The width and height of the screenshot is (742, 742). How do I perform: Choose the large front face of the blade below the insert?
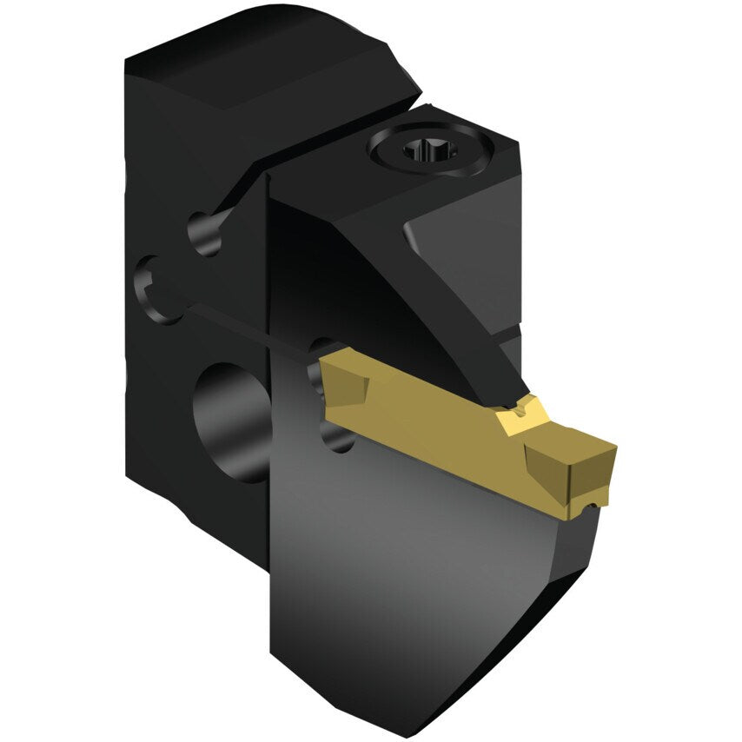coord(417,565)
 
